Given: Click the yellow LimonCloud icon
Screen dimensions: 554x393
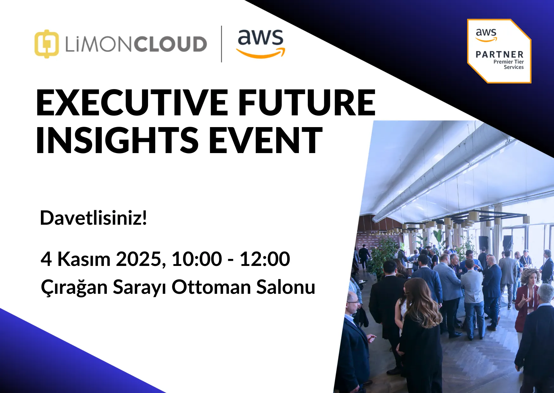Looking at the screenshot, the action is (47, 44).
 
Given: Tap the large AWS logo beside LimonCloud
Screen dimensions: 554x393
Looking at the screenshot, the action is (261, 44).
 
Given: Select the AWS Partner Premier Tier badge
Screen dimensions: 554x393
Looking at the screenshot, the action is (499, 51).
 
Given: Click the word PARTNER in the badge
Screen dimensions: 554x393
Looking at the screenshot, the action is (499, 55).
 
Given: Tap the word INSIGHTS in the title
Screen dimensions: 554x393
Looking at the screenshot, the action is (117, 140).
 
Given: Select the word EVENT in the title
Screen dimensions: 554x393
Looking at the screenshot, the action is (266, 140).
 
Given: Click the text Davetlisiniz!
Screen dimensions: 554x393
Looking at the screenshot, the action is (93, 218).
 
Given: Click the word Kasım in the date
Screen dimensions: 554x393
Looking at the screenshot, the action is (84, 259).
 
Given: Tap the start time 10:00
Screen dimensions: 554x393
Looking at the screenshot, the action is (197, 259).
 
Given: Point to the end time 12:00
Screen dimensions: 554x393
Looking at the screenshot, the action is (265, 259).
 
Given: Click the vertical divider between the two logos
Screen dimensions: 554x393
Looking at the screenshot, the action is (221, 44).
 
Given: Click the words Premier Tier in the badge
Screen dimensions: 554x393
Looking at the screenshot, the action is (508, 62).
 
